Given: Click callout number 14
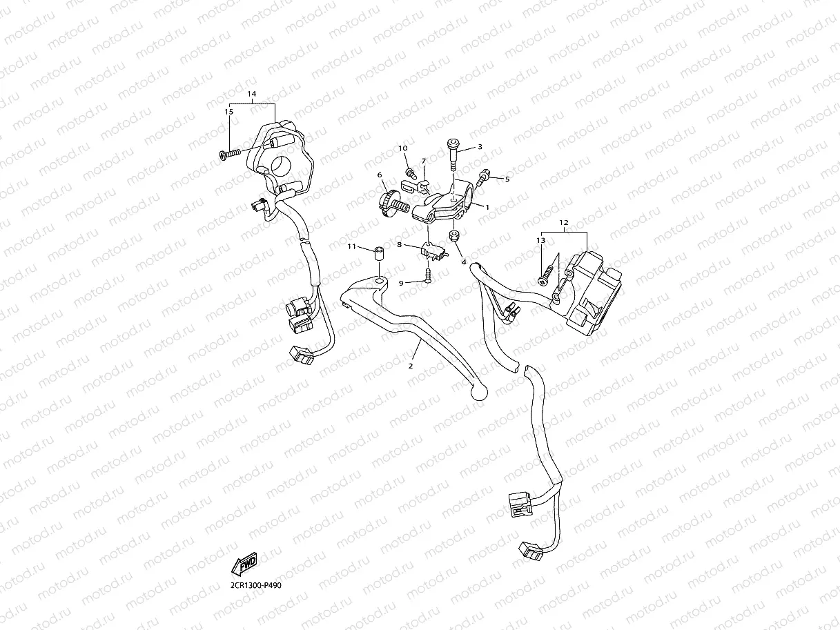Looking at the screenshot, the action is pyautogui.click(x=251, y=93).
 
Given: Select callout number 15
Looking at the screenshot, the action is pyautogui.click(x=228, y=111).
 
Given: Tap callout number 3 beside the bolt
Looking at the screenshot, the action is pyautogui.click(x=480, y=147).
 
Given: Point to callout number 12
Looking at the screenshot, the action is pyautogui.click(x=563, y=222).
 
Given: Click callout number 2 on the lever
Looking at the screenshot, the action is pyautogui.click(x=411, y=366).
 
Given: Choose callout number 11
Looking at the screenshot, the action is pyautogui.click(x=351, y=246).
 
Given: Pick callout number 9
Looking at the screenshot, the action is pyautogui.click(x=401, y=282).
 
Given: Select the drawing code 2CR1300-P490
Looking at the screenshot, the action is pyautogui.click(x=256, y=585).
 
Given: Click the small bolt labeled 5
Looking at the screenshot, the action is pyautogui.click(x=484, y=178).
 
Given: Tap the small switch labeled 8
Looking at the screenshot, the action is pyautogui.click(x=432, y=253).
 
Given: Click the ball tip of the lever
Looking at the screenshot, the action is pyautogui.click(x=478, y=391).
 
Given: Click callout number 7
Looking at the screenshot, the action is pyautogui.click(x=424, y=161).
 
